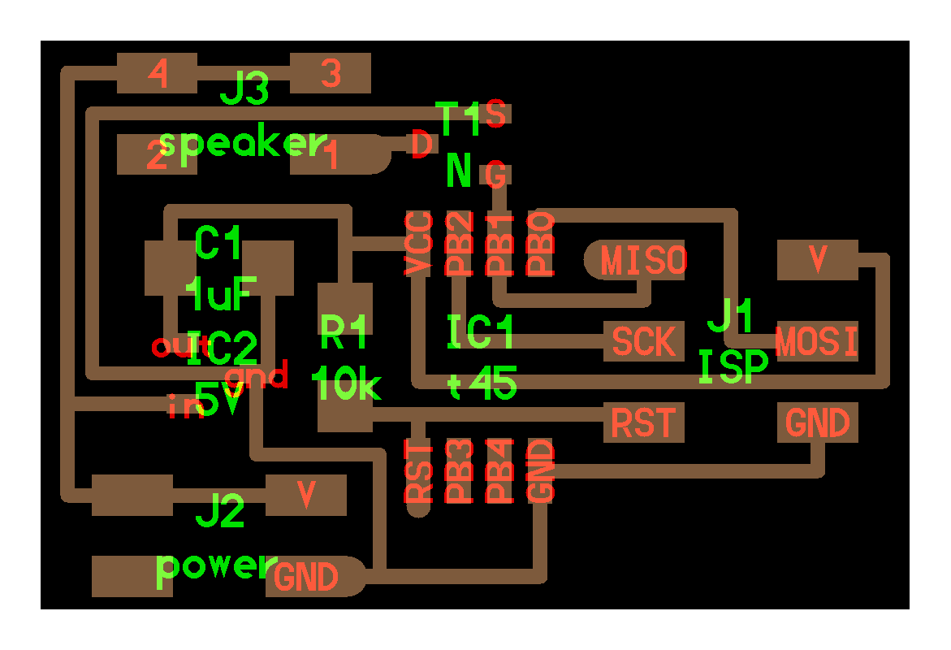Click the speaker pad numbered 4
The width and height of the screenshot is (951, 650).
(158, 75)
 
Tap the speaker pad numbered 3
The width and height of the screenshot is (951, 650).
(331, 74)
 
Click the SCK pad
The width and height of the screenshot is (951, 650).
(644, 342)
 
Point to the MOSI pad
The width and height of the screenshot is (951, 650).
(816, 342)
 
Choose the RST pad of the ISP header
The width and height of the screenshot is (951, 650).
(643, 422)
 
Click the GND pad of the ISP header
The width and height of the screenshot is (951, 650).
(817, 422)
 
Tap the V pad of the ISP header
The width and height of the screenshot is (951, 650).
(817, 260)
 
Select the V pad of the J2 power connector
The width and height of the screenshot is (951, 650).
(306, 495)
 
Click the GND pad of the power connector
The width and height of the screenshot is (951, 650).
(307, 578)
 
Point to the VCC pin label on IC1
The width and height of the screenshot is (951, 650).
(418, 244)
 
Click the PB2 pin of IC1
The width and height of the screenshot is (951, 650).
(459, 244)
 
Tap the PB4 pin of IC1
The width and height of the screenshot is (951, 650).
(499, 470)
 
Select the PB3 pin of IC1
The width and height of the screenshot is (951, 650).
(459, 470)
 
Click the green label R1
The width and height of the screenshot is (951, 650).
(344, 328)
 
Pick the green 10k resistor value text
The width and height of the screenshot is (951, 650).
(346, 384)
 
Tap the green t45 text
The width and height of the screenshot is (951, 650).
(482, 383)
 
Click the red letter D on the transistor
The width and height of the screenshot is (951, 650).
(421, 146)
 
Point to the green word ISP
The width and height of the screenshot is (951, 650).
(733, 367)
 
